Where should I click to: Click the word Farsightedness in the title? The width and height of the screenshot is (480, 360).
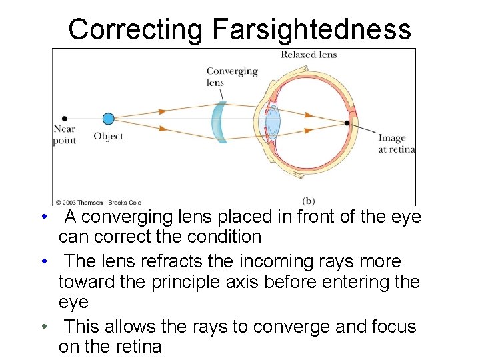[x=311, y=29]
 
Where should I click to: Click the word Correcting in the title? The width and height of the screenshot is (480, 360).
[x=135, y=29]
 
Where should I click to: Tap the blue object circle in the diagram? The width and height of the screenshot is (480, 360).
[x=109, y=119]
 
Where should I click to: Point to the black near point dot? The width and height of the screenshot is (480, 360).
[x=65, y=119]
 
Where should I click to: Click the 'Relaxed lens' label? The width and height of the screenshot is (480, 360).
[x=309, y=55]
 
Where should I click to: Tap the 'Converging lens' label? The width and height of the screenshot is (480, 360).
[x=231, y=77]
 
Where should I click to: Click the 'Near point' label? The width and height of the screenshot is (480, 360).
[x=65, y=135]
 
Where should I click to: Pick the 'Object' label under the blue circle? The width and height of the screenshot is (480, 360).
[x=108, y=136]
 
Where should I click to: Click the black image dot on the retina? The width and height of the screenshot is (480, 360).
[x=347, y=123]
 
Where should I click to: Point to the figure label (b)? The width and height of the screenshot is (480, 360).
[x=309, y=200]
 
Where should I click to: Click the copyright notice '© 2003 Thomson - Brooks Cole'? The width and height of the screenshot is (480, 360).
[x=98, y=201]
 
